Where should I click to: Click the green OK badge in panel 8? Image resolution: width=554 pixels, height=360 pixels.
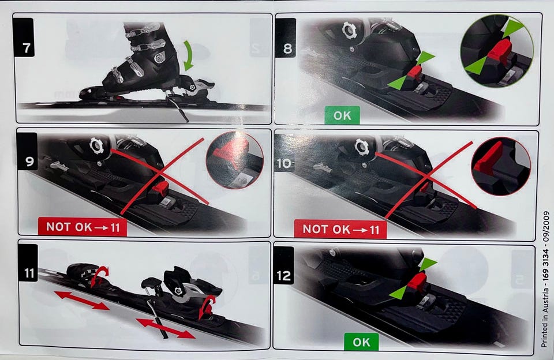click(342, 115)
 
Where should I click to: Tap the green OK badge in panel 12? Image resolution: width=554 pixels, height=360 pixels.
click(361, 342)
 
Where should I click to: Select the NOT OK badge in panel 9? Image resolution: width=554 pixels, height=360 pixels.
click(83, 227)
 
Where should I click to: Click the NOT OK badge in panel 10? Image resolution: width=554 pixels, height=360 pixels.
click(340, 229)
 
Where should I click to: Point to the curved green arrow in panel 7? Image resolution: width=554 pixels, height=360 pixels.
click(189, 55)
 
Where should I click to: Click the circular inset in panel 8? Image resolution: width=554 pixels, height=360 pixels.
click(497, 51)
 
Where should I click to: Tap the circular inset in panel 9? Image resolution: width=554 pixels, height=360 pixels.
click(235, 160)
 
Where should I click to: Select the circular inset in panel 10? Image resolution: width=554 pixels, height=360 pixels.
click(501, 166)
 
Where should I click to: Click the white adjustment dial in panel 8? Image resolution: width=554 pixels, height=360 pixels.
click(350, 31)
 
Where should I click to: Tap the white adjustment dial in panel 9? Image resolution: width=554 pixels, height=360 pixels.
click(97, 145)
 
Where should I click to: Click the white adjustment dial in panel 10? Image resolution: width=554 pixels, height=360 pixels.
click(362, 147)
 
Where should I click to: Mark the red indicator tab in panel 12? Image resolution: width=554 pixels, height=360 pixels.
click(417, 282)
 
